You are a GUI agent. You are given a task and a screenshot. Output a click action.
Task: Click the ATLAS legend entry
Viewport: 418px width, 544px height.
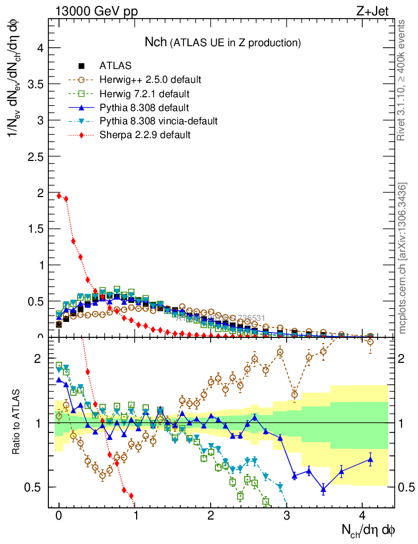tap(115, 66)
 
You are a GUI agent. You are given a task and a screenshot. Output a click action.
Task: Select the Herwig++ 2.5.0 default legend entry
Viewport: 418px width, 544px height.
tap(150, 80)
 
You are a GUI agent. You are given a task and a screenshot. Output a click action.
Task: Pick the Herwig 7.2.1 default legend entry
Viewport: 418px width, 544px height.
tap(144, 94)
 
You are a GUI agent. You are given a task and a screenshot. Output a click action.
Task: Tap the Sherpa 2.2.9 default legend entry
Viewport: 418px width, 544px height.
tap(145, 135)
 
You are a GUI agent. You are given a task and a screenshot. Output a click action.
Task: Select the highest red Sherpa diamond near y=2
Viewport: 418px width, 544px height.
tap(58, 195)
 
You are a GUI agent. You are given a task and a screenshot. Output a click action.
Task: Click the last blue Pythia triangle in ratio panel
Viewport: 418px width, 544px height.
tap(371, 460)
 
